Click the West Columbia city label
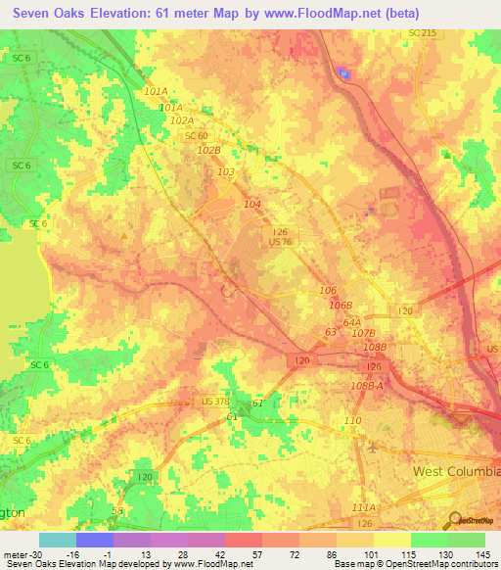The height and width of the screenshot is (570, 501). coord(455,471)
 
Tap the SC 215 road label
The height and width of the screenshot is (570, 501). coord(423,33)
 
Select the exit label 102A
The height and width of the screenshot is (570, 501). coord(181,120)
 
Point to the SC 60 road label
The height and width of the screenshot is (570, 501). coord(197,136)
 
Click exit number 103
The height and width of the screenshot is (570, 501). coord(226,171)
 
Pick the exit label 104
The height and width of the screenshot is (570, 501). coord(252,204)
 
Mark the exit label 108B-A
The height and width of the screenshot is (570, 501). coord(367,386)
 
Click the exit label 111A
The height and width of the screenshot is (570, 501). coord(363,507)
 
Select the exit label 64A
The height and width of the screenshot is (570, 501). coord(352,321)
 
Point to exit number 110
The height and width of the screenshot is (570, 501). coord(352,420)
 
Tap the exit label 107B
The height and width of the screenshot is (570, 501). coord(363,333)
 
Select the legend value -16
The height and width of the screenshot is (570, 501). coord(72,553)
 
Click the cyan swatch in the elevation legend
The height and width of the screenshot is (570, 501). coord(57,540)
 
